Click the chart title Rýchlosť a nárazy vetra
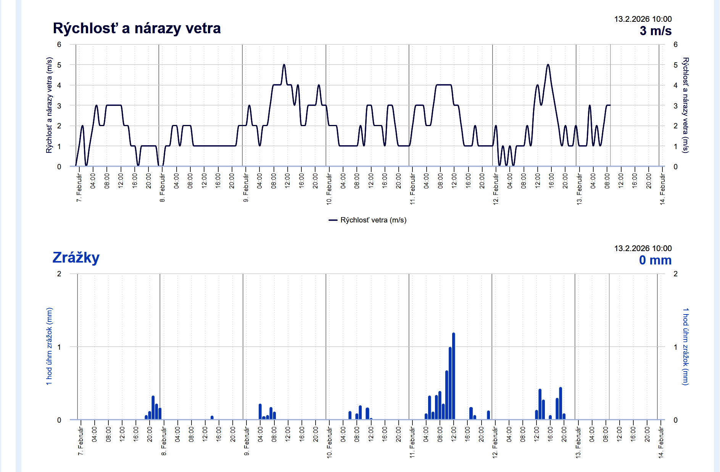click(137, 29)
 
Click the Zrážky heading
click(76, 258)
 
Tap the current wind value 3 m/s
click(655, 31)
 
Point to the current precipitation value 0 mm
click(655, 260)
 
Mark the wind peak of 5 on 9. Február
click(284, 65)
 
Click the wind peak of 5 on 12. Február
click(548, 65)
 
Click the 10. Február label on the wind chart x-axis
click(329, 189)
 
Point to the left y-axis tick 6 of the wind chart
click(59, 45)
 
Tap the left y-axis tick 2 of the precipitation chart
click(59, 274)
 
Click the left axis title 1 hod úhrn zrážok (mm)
click(50, 346)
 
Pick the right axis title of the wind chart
click(685, 105)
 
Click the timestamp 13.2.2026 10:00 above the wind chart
click(643, 19)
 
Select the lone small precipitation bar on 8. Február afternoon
click(212, 418)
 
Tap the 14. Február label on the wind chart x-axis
click(662, 189)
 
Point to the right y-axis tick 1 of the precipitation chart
click(675, 347)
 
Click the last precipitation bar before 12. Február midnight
click(488, 415)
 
